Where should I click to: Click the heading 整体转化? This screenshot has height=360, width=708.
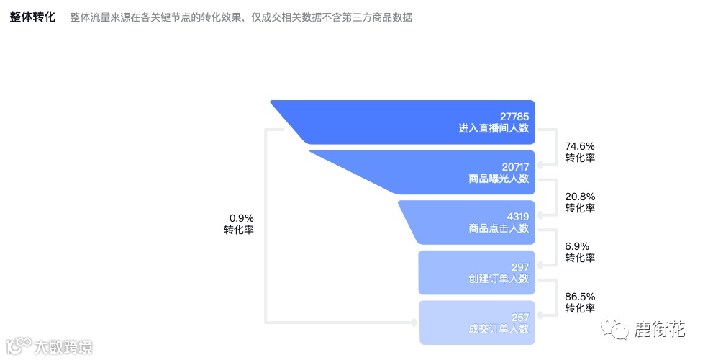pyautogui.click(x=32, y=17)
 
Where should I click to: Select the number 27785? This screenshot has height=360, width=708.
pyautogui.click(x=514, y=115)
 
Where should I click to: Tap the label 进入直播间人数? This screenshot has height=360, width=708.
pyautogui.click(x=494, y=128)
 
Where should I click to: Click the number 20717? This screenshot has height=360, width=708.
pyautogui.click(x=515, y=166)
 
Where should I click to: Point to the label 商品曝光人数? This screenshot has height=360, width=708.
pyautogui.click(x=499, y=179)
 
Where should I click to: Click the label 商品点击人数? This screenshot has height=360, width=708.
pyautogui.click(x=499, y=228)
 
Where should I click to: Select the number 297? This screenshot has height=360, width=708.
pyautogui.click(x=520, y=266)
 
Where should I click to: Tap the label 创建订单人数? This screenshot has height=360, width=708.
pyautogui.click(x=499, y=279)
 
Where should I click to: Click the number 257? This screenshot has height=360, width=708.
pyautogui.click(x=520, y=317)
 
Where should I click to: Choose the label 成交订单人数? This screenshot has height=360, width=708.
pyautogui.click(x=499, y=329)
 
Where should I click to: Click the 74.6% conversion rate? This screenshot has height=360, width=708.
pyautogui.click(x=580, y=145)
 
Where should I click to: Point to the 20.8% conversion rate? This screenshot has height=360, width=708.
pyautogui.click(x=580, y=196)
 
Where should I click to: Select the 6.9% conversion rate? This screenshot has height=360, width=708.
pyautogui.click(x=580, y=246)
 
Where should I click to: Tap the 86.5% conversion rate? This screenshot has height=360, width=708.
pyautogui.click(x=580, y=296)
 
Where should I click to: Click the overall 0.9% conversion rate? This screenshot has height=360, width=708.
pyautogui.click(x=242, y=217)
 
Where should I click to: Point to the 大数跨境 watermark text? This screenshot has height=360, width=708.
pyautogui.click(x=63, y=347)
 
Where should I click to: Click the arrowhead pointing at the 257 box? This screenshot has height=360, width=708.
pyautogui.click(x=415, y=322)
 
